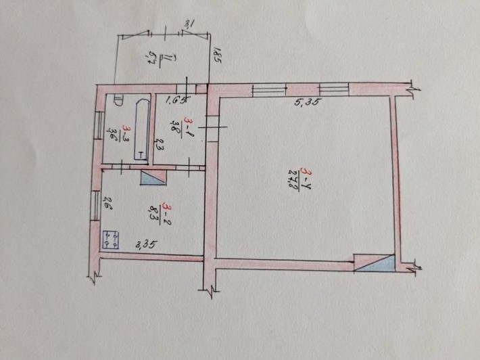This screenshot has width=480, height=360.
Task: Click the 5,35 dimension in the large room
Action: point(306,104)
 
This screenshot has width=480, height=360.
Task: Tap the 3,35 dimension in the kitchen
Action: point(146,245)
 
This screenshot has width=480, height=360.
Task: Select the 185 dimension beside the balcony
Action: point(218,53)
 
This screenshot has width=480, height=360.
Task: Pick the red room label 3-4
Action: point(308,173)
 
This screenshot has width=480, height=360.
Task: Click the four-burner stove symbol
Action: point(110,240)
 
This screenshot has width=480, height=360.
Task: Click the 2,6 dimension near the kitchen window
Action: point(105,202)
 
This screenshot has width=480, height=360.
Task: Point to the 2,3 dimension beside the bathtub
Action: point(155,145)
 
